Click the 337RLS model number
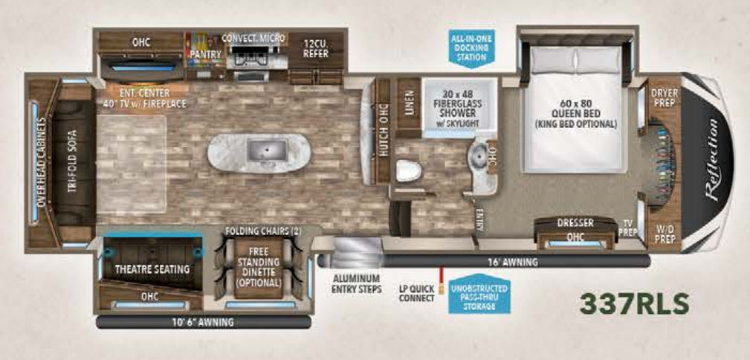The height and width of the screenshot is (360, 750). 634,303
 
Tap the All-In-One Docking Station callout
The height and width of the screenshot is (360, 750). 471,46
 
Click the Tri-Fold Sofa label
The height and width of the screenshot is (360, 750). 73,163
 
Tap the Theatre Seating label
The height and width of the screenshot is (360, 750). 152,269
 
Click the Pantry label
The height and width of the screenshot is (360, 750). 201,54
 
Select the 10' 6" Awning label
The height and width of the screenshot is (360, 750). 203,322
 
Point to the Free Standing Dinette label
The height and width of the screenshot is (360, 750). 259,267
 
